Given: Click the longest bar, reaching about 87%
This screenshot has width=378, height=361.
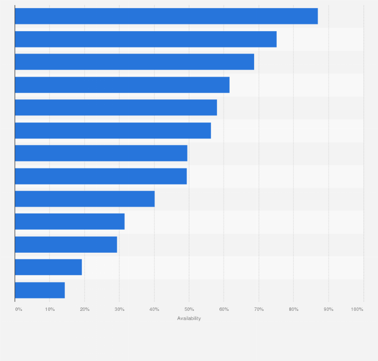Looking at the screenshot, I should (x=166, y=16).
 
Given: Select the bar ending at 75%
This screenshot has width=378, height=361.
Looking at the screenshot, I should (x=145, y=39).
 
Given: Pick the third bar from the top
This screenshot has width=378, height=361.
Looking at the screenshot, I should (x=134, y=62).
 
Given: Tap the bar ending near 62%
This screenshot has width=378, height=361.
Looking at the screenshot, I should (x=122, y=85).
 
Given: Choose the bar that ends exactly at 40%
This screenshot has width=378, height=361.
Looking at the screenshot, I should (x=85, y=199).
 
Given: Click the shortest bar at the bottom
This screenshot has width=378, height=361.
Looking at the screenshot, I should (x=40, y=290).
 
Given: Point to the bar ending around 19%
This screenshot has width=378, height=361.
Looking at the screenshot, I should (x=48, y=267).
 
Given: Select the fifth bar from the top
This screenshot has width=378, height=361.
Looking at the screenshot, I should (x=116, y=107).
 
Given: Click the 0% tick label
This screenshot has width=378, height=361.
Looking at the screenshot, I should (x=19, y=309).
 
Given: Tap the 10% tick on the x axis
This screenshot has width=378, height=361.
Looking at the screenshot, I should (x=50, y=309).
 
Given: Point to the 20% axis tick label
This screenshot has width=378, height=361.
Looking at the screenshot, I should (x=85, y=309).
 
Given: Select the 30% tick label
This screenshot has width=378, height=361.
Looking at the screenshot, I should (x=119, y=309).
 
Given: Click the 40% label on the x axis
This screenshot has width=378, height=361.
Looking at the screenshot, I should (x=154, y=309).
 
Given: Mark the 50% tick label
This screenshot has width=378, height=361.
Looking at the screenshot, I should (x=189, y=309).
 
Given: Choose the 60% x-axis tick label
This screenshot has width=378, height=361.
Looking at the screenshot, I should (x=224, y=309).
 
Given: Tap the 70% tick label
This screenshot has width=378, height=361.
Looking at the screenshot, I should (x=259, y=309).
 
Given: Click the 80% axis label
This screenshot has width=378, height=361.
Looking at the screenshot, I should (x=294, y=309).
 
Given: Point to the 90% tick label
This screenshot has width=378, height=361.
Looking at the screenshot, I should (x=328, y=309).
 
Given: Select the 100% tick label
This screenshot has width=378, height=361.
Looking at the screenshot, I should (x=357, y=309).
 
